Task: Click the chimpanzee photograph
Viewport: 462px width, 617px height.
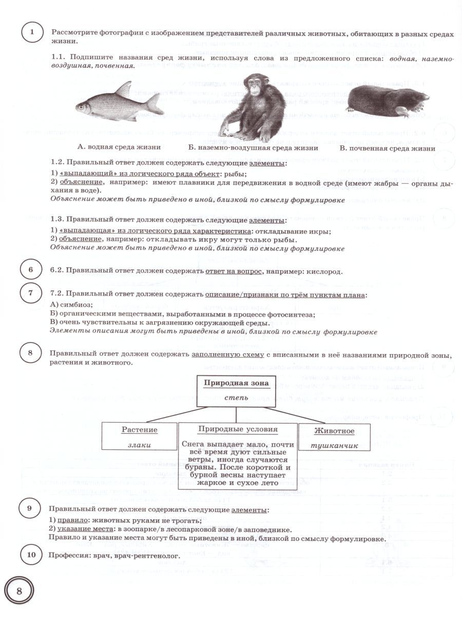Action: pos(254,105)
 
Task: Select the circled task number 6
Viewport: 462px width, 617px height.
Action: pos(31,270)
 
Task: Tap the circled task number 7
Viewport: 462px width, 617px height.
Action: pos(31,294)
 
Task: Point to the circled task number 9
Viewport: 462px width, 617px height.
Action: pos(29,509)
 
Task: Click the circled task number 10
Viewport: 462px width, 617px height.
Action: pos(31,555)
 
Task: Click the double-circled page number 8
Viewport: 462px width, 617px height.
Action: pos(19,590)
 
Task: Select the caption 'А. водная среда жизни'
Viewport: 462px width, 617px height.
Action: pos(119,148)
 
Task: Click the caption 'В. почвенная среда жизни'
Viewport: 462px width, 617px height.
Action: pos(388,149)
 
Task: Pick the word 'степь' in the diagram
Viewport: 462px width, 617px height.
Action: pos(237,397)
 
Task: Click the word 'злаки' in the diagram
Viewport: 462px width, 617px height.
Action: pos(140,445)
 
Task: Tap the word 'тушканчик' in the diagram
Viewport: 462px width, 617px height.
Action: pos(335,445)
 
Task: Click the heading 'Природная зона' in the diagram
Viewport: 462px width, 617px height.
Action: pos(237,383)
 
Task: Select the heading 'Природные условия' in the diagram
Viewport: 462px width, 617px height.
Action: pos(238,429)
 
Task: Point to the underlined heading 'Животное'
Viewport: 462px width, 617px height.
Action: pos(335,431)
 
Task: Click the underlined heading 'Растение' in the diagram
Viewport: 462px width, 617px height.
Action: pos(140,430)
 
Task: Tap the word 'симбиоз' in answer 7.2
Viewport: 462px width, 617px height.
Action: pos(73,305)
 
